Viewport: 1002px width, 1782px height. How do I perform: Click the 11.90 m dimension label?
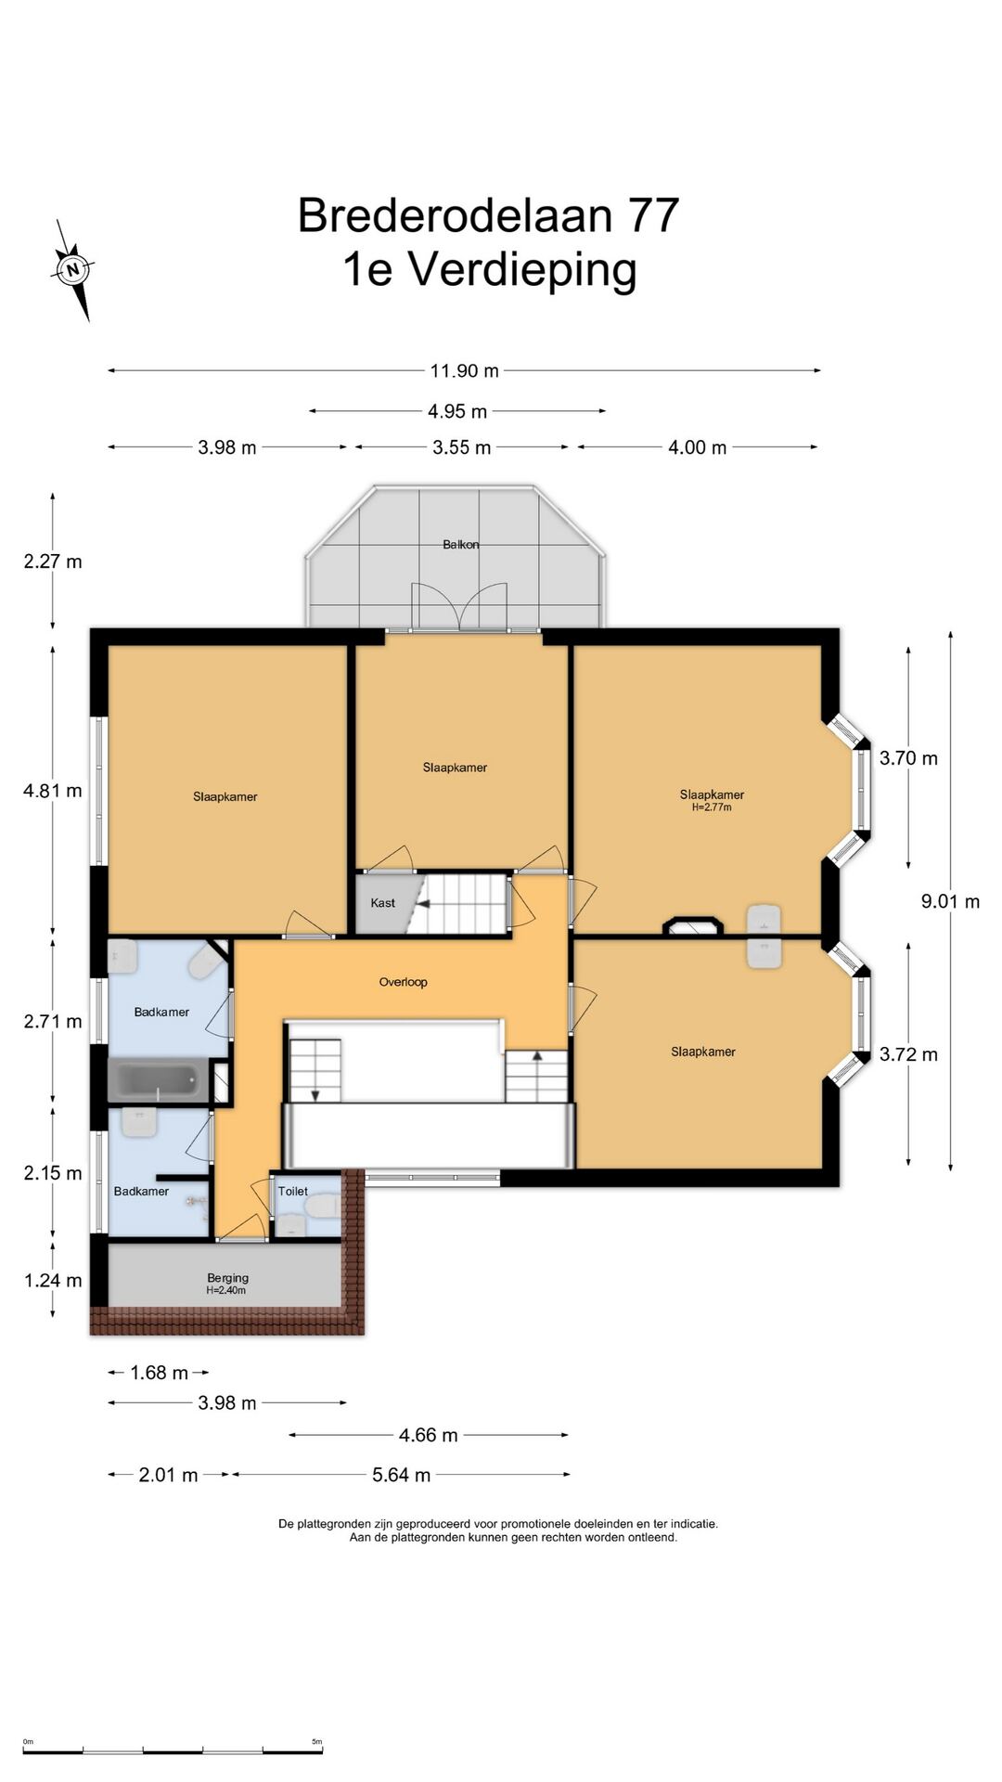point(464,371)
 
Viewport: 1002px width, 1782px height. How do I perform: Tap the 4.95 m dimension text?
point(457,411)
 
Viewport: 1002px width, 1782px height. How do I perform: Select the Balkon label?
point(461,545)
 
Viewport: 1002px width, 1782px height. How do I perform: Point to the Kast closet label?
point(382,903)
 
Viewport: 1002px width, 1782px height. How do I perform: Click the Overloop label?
point(403,982)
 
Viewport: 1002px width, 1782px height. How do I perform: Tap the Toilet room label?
point(292,1191)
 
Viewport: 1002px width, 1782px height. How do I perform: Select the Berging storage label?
point(227,1278)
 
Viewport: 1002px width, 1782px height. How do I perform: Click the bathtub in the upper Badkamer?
point(159,1080)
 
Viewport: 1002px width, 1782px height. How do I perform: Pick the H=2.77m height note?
point(712,807)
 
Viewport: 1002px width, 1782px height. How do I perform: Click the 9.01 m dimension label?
point(950,901)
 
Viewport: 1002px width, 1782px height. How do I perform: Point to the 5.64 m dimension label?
point(401,1475)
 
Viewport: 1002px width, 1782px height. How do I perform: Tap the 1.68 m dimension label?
point(159,1373)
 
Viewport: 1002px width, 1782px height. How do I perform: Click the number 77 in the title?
point(654,215)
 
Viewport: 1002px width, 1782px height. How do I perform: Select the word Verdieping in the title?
point(522,271)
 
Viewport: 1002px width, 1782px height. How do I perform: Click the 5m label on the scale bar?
point(316,1741)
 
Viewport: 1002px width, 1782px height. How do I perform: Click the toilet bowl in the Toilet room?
point(323,1207)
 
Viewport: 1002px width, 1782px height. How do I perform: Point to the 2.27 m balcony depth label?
point(53,562)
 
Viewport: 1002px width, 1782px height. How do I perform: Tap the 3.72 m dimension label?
point(908,1054)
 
